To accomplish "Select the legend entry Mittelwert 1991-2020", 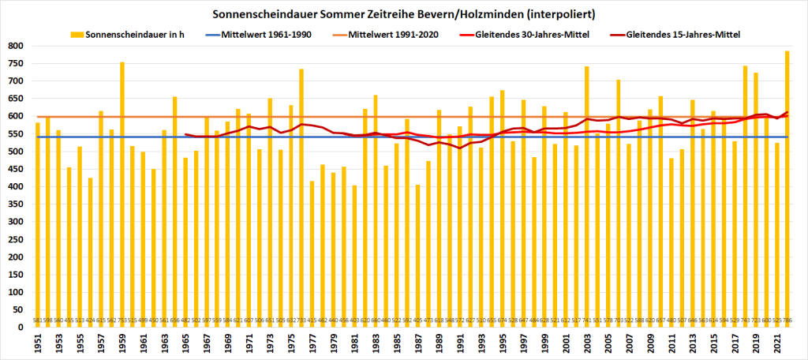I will tap(393, 35).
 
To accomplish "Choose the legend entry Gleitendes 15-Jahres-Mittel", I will tap(682, 35).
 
